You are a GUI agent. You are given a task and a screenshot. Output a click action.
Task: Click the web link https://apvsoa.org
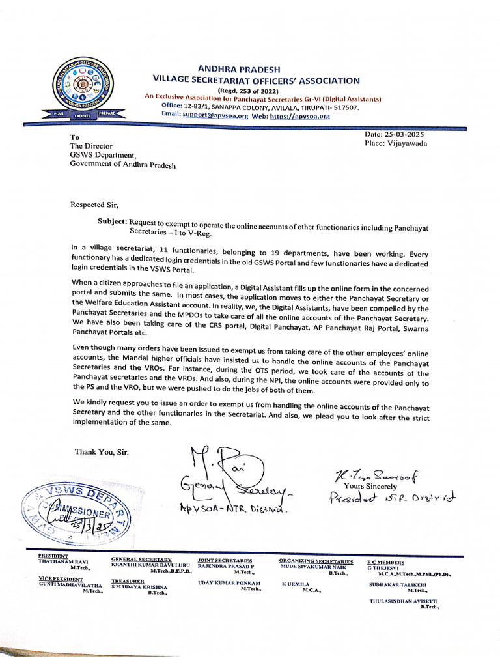[300, 115]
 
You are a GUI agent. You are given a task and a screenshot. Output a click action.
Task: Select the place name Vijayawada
[407, 143]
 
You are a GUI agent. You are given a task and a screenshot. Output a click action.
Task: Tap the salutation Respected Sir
[95, 204]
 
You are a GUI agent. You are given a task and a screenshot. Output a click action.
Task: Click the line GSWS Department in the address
[103, 156]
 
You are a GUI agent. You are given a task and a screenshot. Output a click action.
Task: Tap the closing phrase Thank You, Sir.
[102, 451]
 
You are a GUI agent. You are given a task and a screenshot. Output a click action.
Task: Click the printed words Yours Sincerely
[370, 486]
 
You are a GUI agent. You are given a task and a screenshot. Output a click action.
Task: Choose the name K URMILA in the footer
[296, 584]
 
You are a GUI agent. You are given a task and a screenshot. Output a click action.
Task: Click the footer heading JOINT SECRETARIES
[225, 560]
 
